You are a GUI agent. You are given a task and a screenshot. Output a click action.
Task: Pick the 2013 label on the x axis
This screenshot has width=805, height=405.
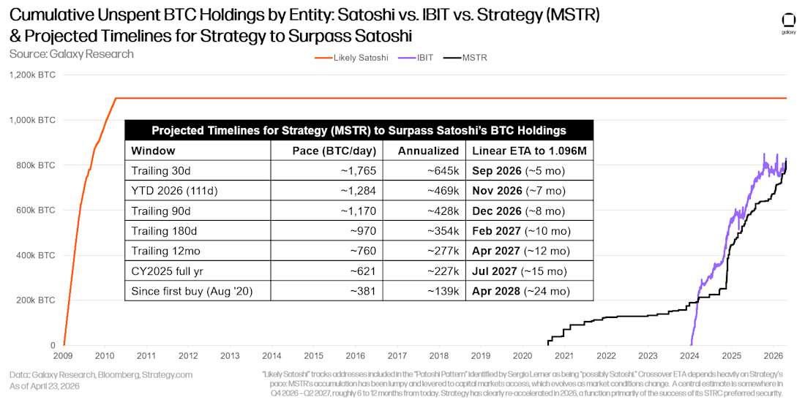230,355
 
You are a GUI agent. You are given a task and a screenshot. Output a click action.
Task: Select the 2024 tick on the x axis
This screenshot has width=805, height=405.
690,355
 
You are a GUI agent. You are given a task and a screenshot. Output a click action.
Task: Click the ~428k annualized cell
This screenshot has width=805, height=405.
443,211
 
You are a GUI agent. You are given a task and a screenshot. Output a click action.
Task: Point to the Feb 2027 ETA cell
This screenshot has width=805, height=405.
521,231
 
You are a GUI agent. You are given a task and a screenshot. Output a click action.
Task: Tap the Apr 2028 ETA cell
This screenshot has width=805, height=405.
521,291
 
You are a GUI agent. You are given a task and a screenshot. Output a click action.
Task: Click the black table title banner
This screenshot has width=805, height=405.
359,130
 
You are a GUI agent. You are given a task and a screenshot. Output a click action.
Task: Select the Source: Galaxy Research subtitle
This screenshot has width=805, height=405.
72,54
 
